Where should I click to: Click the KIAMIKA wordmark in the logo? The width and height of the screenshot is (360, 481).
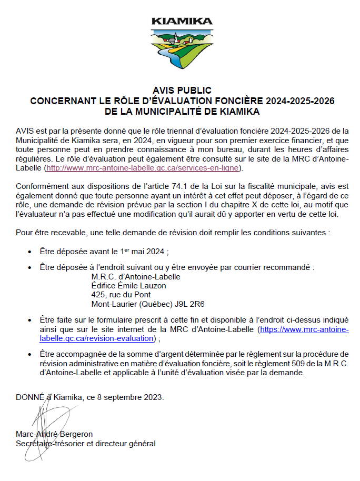[x=182, y=22]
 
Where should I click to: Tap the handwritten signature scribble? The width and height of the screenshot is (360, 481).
[x=43, y=416]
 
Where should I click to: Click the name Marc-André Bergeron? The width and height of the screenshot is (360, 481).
[x=54, y=434]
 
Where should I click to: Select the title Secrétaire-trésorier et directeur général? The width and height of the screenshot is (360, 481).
[x=85, y=444]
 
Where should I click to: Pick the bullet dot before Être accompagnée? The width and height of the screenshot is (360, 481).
[x=30, y=355]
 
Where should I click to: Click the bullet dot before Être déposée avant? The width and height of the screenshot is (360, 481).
[x=30, y=252]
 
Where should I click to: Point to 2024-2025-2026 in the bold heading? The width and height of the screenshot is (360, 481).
[x=300, y=101]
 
